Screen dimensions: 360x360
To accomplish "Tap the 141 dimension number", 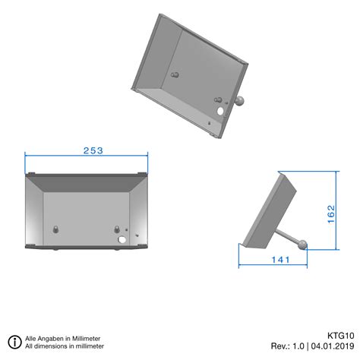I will click(280, 260).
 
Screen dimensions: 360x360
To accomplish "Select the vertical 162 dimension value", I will click(331, 216).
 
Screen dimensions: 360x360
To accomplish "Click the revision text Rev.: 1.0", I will click(287, 346).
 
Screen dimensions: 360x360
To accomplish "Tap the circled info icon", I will click(14, 342).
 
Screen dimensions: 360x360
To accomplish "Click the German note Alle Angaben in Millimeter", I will click(62, 338).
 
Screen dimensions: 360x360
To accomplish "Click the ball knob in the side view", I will click(303, 245).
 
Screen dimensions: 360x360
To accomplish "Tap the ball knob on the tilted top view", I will click(242, 101).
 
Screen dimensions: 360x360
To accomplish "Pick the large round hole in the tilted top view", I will click(221, 110).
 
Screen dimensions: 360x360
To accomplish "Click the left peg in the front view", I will click(56, 229).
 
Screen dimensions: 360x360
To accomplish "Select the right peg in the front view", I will click(116, 229).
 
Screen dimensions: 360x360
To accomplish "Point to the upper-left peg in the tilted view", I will click(175, 75).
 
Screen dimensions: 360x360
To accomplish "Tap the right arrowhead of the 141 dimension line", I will click(305, 266).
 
